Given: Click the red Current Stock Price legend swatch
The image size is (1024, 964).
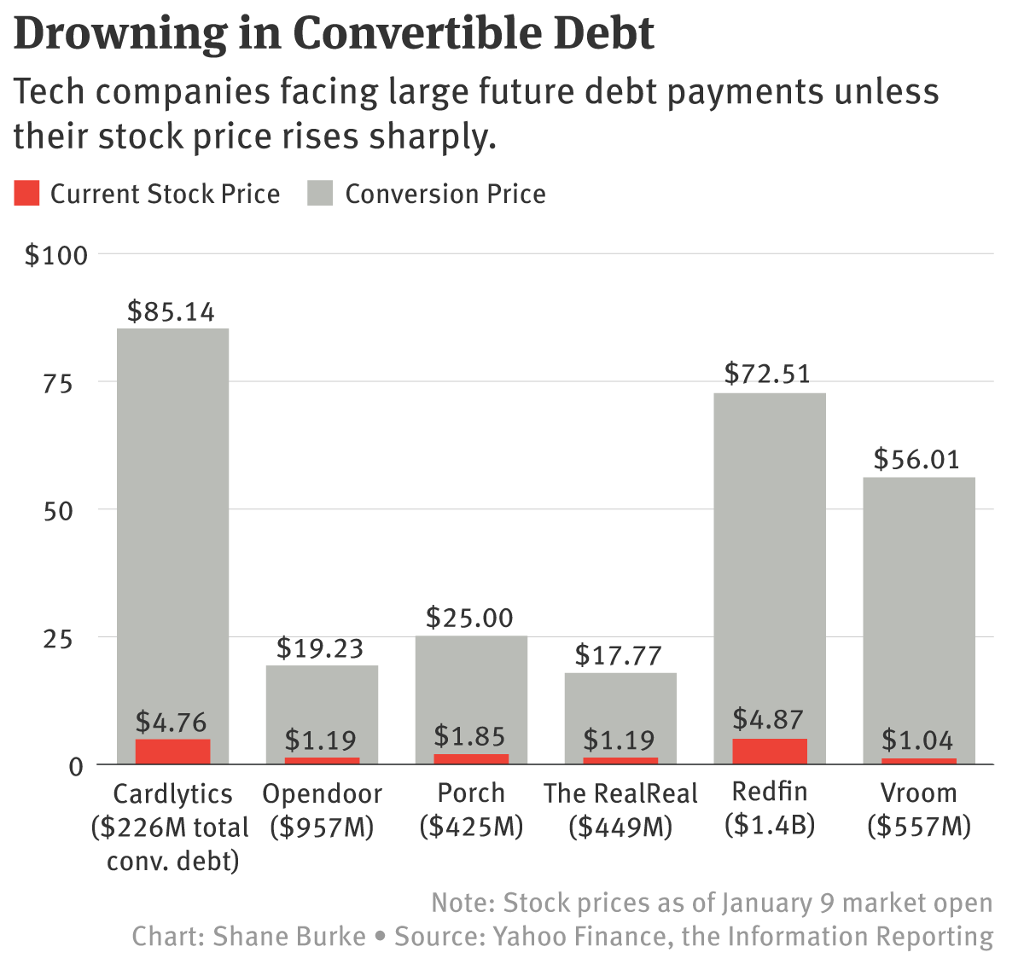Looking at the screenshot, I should click(x=27, y=194).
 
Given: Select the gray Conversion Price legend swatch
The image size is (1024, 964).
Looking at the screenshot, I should click(x=320, y=194).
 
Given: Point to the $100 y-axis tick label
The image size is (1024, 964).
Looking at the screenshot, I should click(x=56, y=255).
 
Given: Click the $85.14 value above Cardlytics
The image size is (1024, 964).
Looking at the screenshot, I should click(x=171, y=311).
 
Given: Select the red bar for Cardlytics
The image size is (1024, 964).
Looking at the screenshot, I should click(x=172, y=751).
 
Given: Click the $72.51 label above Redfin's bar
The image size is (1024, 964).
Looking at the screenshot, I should click(x=767, y=374).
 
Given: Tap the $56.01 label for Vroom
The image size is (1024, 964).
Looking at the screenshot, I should click(x=917, y=460).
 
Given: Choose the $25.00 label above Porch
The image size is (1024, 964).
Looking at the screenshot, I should click(x=469, y=618).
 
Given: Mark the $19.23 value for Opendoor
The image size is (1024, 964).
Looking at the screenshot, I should click(x=320, y=648).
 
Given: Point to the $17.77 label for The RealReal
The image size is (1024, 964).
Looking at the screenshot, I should click(x=619, y=655).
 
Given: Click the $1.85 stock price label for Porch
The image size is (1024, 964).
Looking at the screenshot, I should click(x=469, y=736).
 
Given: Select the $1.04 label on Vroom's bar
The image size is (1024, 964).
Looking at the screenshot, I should click(x=917, y=740).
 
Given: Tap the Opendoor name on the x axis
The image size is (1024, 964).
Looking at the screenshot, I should click(x=322, y=793).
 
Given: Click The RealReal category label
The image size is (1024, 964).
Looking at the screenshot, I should click(x=620, y=793).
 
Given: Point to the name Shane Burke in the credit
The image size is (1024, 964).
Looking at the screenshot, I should click(x=289, y=936).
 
